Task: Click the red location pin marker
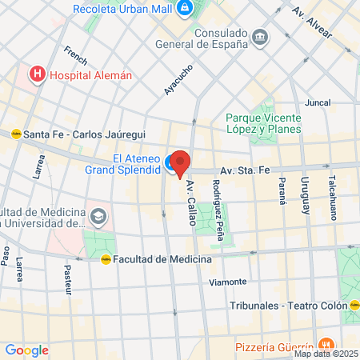(x=180, y=162)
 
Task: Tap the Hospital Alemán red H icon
(x=37, y=75)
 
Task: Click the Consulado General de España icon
(x=260, y=37)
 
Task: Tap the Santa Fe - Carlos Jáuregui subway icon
(x=15, y=134)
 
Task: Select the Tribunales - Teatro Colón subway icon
(x=354, y=305)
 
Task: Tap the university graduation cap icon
(x=98, y=217)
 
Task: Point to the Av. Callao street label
(x=191, y=202)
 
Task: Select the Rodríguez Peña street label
(x=217, y=209)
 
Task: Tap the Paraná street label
(x=282, y=191)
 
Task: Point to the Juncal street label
(x=318, y=103)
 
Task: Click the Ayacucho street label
(x=178, y=78)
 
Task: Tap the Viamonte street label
(x=227, y=282)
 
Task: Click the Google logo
(x=26, y=350)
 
